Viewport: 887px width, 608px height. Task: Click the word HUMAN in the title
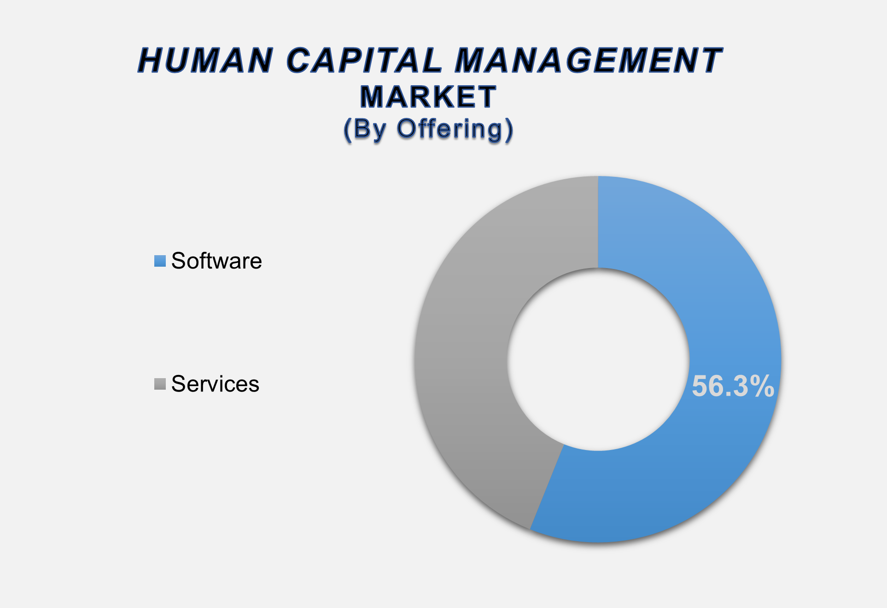tap(205, 60)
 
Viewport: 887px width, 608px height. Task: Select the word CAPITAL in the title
tap(364, 60)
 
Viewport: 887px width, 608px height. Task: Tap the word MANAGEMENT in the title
tap(589, 60)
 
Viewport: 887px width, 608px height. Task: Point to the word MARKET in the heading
tap(428, 97)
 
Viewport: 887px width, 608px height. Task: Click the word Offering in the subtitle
tap(449, 130)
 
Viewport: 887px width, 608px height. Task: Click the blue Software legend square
tap(160, 261)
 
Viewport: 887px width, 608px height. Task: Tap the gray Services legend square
tap(160, 384)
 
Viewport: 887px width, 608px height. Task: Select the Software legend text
tap(216, 261)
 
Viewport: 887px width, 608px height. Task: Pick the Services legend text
tap(215, 384)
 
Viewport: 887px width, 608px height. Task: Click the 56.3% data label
tap(733, 386)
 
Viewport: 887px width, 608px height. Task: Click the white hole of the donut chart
tap(598, 359)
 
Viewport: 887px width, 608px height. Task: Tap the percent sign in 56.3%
tap(760, 386)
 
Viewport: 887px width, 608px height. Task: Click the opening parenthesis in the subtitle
tap(348, 130)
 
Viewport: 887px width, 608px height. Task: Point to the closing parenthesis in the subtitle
tap(508, 130)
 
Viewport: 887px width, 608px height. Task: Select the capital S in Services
tap(178, 384)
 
